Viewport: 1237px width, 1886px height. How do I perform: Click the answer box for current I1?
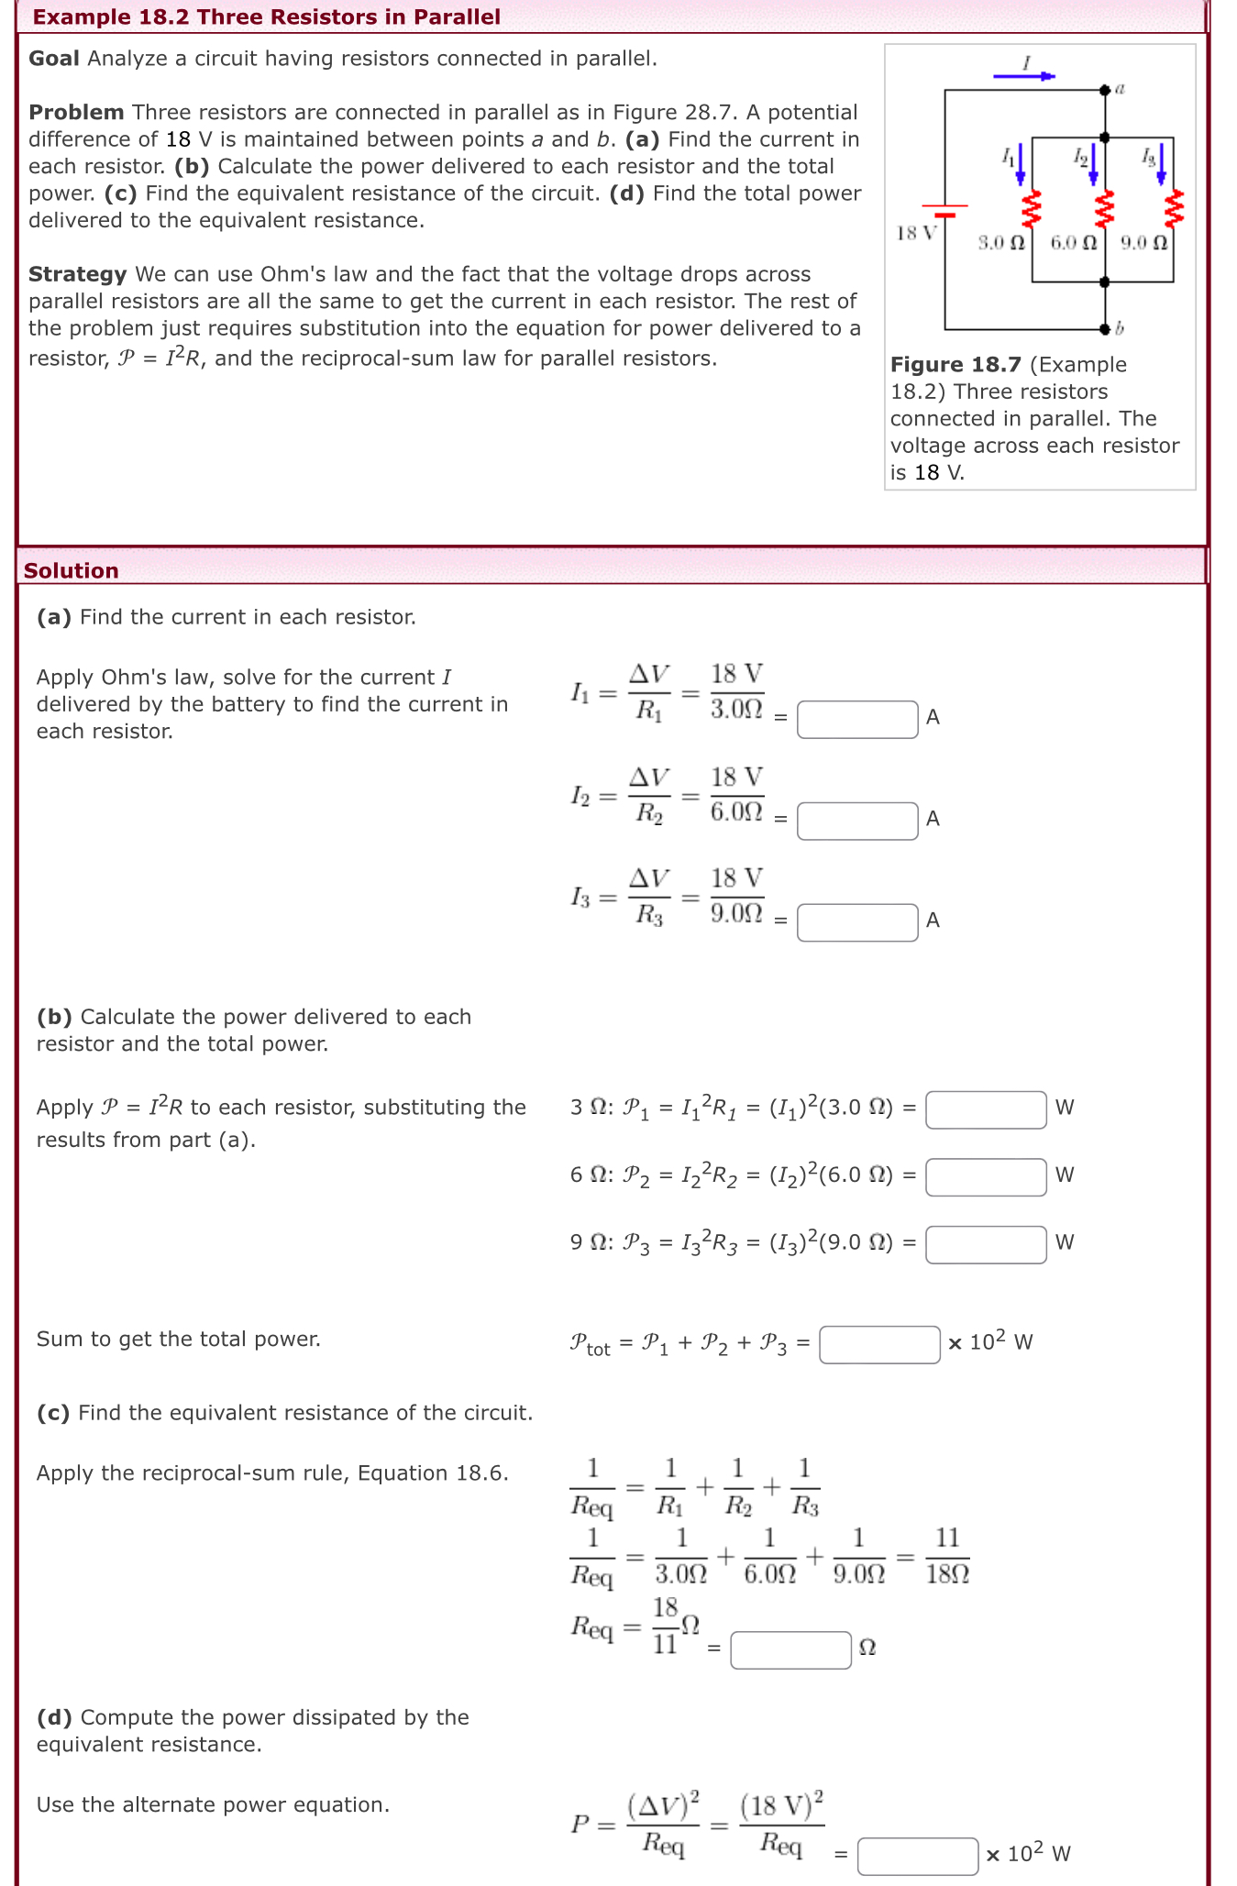point(856,719)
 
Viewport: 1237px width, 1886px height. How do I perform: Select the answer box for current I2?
point(856,821)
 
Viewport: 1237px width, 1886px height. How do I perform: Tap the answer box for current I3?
point(856,922)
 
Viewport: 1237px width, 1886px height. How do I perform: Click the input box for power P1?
point(985,1109)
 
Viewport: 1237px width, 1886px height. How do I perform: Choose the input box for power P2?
point(985,1177)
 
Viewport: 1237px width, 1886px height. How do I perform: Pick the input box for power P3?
point(985,1245)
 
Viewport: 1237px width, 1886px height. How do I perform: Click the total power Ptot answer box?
point(878,1345)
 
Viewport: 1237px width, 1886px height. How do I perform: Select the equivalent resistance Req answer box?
point(790,1650)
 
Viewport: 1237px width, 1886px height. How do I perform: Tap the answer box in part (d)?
point(917,1857)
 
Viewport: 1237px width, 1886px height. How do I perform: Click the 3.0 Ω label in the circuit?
point(1000,243)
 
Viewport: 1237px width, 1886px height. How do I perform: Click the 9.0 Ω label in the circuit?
point(1143,243)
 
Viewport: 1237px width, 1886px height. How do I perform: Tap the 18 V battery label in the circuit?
point(915,233)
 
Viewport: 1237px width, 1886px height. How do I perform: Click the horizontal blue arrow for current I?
point(1024,76)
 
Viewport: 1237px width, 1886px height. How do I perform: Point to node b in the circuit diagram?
point(1106,328)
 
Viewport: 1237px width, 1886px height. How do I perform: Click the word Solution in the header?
point(72,570)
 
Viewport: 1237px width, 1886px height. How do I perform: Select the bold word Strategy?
point(78,274)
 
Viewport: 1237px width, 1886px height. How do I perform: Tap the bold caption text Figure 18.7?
point(955,365)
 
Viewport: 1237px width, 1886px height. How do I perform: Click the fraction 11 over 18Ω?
point(947,1556)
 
